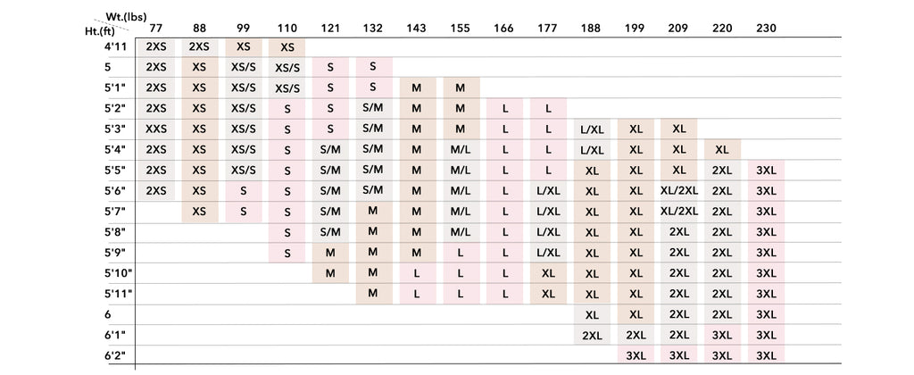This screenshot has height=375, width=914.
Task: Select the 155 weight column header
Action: pos(460,28)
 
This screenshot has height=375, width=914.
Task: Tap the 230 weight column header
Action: pos(766,28)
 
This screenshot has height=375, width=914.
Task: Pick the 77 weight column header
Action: pos(155,28)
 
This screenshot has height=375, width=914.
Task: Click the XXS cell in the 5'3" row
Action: pos(155,129)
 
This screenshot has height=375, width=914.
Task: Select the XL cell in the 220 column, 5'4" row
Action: pos(722,149)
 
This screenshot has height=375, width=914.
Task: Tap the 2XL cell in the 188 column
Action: pos(591,335)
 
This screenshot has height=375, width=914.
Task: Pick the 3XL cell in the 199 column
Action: pos(636,355)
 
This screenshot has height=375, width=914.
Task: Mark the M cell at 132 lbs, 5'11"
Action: pos(373,293)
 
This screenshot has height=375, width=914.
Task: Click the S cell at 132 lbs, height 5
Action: pos(373,67)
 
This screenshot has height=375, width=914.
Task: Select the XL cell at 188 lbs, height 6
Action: pos(591,314)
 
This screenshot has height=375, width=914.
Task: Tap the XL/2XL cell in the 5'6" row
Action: pos(679,190)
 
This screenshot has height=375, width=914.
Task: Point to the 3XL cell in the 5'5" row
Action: pos(766,170)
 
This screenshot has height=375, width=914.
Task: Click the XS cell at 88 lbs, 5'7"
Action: pos(199,211)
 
